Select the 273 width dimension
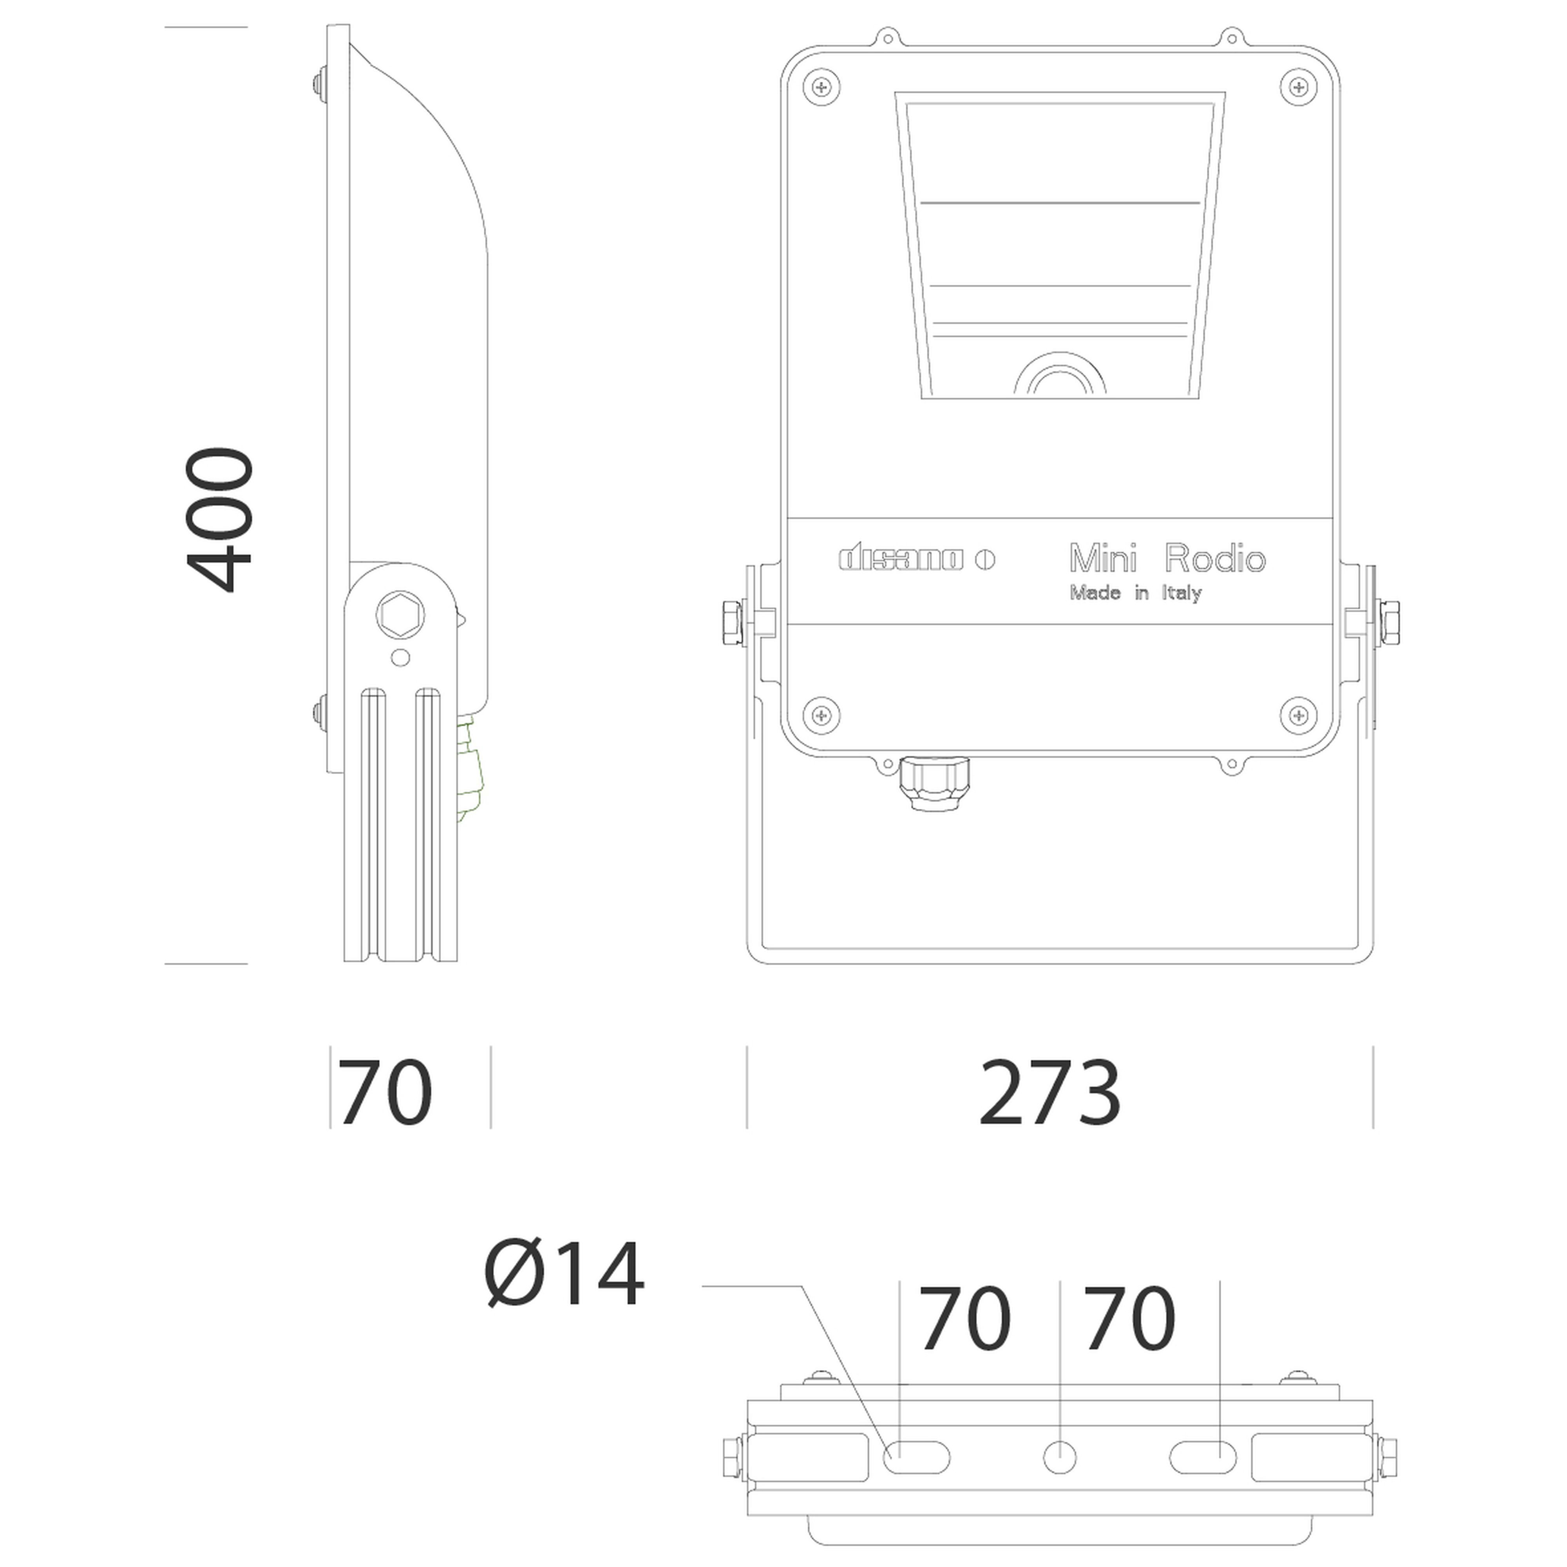[x=1050, y=1093]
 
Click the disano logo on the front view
[x=917, y=560]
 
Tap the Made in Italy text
[x=1136, y=593]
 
